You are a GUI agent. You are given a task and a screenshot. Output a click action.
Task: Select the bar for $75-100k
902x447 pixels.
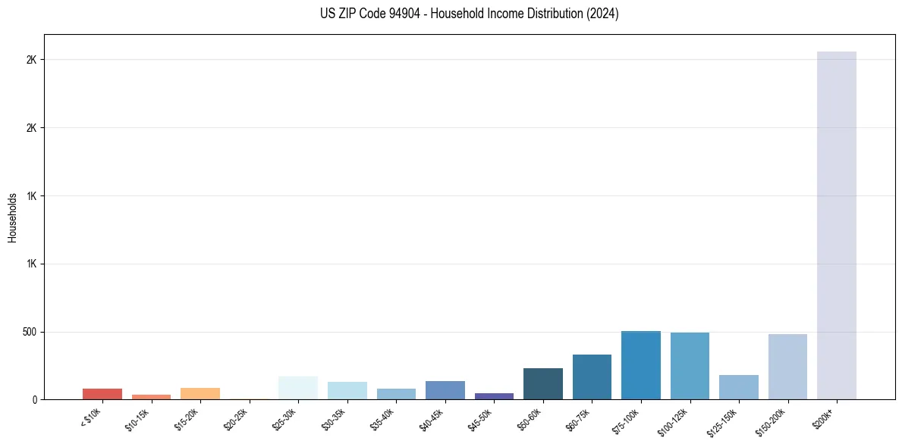(640, 365)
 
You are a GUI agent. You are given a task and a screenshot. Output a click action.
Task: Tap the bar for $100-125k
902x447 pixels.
(690, 366)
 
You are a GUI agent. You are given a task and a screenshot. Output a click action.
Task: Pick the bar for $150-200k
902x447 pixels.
(787, 367)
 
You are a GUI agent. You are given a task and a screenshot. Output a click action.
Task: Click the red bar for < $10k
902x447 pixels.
(102, 394)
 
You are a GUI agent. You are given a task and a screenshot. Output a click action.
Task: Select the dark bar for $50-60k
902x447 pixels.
(542, 384)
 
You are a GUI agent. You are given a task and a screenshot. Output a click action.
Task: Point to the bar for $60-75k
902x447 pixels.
(592, 377)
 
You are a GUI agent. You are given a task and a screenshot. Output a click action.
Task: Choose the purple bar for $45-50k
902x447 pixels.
(494, 396)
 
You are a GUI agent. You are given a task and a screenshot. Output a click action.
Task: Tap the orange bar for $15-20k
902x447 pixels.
(200, 394)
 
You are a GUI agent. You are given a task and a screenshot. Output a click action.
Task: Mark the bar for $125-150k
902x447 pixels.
(738, 387)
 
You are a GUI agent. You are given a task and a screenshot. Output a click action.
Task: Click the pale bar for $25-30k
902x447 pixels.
(298, 388)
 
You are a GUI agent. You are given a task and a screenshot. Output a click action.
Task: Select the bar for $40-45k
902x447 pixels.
(445, 390)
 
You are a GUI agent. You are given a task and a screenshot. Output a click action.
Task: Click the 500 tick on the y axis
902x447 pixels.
(30, 332)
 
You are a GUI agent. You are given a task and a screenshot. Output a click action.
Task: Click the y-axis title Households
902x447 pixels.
(13, 217)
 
